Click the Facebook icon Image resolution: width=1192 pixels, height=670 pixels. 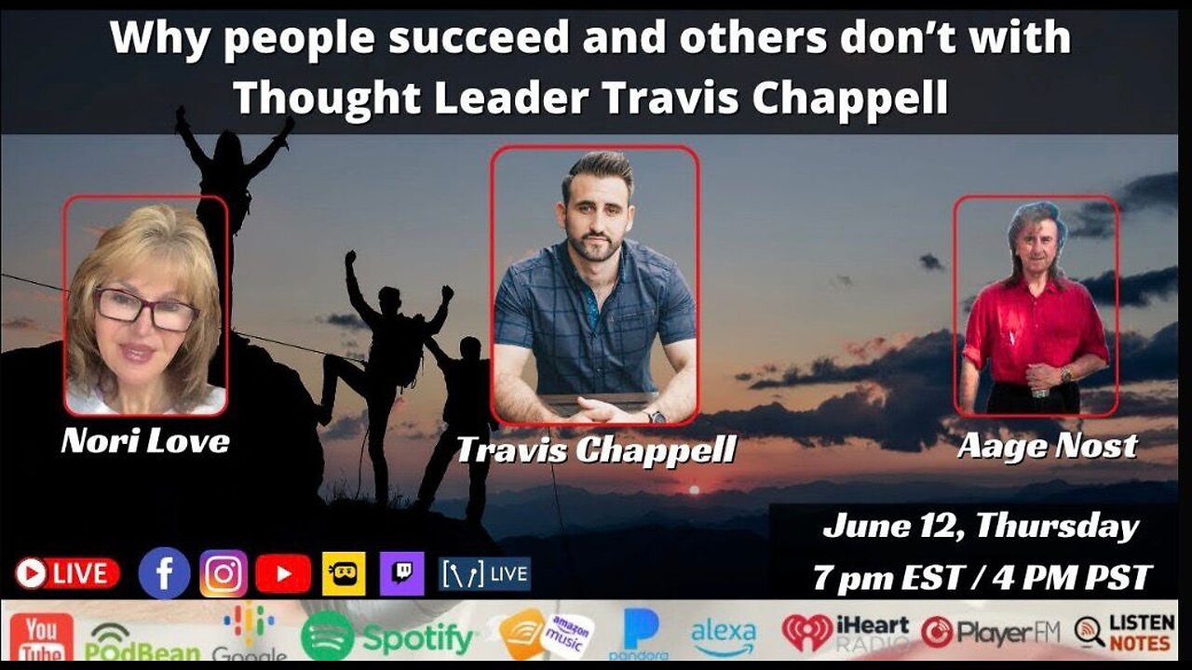coord(164,573)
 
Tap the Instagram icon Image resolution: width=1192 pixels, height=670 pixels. coord(223,573)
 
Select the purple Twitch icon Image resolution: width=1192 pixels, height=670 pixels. coord(402,573)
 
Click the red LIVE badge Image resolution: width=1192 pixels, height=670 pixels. coord(67,573)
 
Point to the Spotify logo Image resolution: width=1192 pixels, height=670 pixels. coord(387,637)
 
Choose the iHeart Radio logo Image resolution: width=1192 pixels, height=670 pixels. coord(846,632)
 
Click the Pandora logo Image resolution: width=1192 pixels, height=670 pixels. coord(642,634)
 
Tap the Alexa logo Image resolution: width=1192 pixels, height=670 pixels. coord(724,636)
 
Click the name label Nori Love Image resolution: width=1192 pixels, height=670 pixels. coord(145,441)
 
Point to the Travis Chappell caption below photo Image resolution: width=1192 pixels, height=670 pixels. coord(596,450)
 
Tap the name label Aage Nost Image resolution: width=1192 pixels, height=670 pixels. coord(1048,446)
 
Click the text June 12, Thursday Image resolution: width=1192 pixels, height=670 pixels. coord(980,528)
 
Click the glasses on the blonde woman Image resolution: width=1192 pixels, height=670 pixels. coord(146,308)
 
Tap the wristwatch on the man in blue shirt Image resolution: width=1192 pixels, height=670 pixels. coord(658,416)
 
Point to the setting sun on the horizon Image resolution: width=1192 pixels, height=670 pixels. coord(692,489)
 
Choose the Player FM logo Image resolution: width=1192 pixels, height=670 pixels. coord(991,633)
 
